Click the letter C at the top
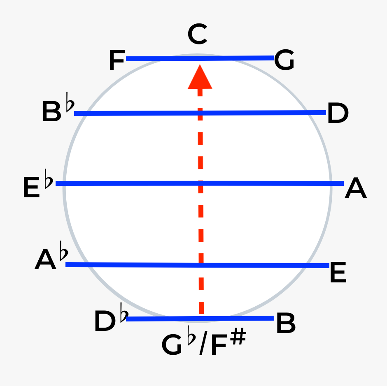(197, 35)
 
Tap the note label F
(117, 61)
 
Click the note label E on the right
(338, 273)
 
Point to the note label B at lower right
(285, 323)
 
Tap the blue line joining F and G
(165, 58)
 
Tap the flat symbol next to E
(49, 181)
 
